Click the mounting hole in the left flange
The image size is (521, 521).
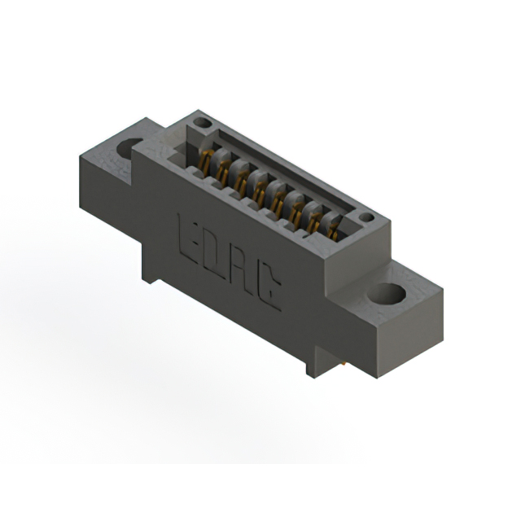click(130, 149)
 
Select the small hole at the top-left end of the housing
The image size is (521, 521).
click(204, 125)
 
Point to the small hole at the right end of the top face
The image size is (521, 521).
click(366, 217)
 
